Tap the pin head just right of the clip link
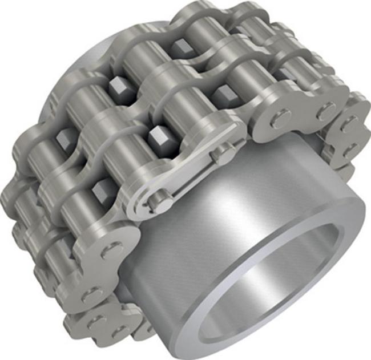[279, 119]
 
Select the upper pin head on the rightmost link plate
[349, 122]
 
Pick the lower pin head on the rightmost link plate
[348, 149]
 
